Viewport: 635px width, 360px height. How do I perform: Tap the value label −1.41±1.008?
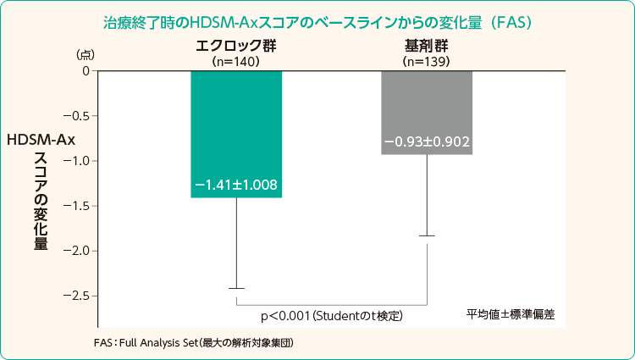[236, 185]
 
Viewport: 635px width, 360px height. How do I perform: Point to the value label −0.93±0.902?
[427, 141]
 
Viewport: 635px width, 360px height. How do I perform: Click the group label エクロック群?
[235, 47]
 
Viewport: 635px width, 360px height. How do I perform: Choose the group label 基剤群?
[426, 47]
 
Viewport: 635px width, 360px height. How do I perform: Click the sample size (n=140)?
[235, 61]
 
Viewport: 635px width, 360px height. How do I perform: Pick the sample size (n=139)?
[426, 61]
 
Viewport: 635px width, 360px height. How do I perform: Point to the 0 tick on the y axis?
[86, 70]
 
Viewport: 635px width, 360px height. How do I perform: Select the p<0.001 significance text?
[331, 315]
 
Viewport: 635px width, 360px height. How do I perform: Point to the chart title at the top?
[317, 18]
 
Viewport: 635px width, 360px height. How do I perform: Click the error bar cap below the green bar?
[236, 289]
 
